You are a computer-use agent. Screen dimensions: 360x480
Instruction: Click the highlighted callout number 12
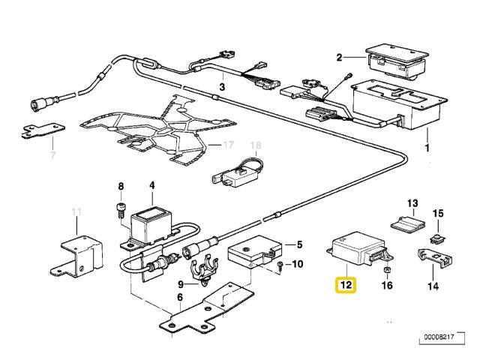point(346,285)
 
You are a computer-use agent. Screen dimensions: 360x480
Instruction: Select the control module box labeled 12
point(349,250)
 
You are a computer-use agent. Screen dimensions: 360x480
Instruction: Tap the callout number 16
point(387,286)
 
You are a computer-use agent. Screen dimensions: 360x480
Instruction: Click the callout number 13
point(412,203)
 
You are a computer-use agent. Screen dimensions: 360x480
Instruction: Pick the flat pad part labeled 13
point(406,223)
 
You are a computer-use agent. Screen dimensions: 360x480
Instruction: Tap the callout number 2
point(340,57)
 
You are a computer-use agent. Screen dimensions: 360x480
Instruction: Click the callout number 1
point(428,149)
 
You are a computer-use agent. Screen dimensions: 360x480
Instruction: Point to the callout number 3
point(222,88)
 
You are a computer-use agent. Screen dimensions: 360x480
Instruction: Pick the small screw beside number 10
point(279,265)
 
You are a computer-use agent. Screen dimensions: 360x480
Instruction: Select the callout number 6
point(179,298)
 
